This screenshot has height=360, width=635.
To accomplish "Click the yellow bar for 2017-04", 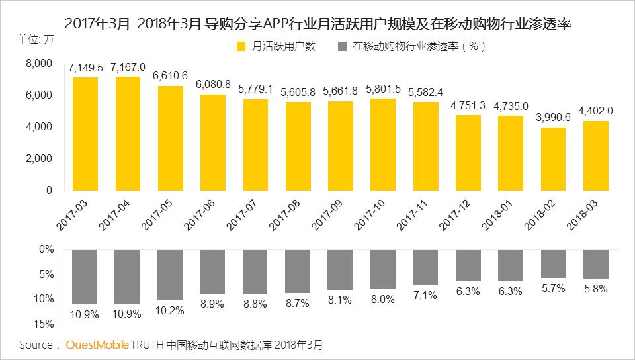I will point(128,134).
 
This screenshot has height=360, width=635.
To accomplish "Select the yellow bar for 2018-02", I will point(553,159).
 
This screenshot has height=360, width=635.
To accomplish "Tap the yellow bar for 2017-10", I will point(383,144).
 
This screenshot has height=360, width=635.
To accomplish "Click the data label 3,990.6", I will point(553,117).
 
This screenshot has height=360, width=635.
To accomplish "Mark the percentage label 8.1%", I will point(341,300).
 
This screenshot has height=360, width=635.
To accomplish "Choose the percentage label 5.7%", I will point(553,288).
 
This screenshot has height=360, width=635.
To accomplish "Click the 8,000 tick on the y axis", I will point(39,64).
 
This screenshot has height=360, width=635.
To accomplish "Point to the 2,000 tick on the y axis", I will point(39,159).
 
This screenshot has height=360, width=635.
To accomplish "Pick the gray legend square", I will point(341,46).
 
